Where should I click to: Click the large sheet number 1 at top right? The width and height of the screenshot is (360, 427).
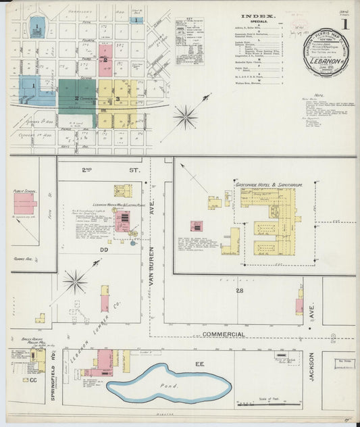pos(345,24)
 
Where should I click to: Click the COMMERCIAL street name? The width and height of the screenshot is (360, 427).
pos(224,334)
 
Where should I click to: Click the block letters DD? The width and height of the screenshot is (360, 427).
pos(105,249)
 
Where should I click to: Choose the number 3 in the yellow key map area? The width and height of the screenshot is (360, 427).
pos(118,99)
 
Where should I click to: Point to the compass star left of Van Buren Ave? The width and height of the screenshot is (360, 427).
pos(75,281)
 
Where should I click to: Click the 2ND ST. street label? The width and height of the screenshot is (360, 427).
pos(105,170)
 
